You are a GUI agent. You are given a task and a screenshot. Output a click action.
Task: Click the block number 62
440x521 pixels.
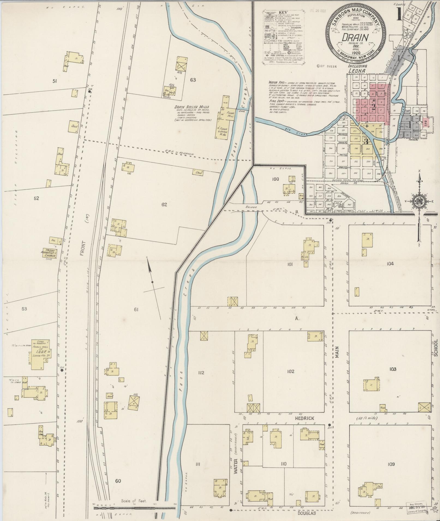click(x=164, y=205)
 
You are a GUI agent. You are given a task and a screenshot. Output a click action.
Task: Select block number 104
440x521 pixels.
click(x=390, y=263)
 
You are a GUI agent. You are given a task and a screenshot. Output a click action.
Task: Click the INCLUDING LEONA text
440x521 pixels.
click(x=358, y=68)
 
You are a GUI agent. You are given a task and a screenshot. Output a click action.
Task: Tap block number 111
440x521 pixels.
click(x=198, y=464)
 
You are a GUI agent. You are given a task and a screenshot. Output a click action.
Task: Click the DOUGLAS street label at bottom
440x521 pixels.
click(x=307, y=513)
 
